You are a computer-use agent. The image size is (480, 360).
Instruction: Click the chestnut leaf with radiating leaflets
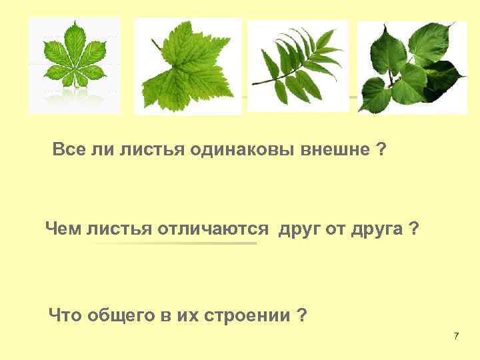(75, 58)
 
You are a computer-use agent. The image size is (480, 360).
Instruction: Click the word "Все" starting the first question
(67, 151)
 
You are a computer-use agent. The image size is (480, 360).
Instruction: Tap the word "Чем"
(61, 230)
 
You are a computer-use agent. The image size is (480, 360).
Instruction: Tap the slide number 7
(456, 335)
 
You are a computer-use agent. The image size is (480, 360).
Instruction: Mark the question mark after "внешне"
(381, 151)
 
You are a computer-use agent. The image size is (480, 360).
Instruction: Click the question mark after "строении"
(303, 315)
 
